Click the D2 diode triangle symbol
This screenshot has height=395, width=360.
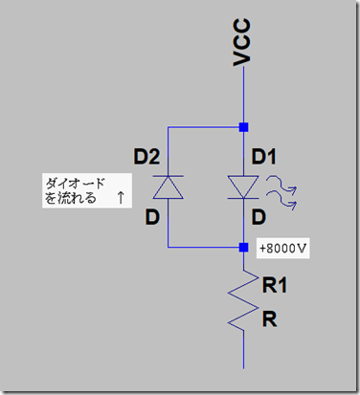168,187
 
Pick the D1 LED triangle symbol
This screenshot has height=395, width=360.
243,186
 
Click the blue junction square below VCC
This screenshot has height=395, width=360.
244,126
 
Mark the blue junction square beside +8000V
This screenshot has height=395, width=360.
244,247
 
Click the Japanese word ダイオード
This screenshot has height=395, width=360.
74,182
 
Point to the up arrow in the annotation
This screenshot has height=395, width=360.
119,199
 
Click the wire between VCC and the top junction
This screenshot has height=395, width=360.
244,96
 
